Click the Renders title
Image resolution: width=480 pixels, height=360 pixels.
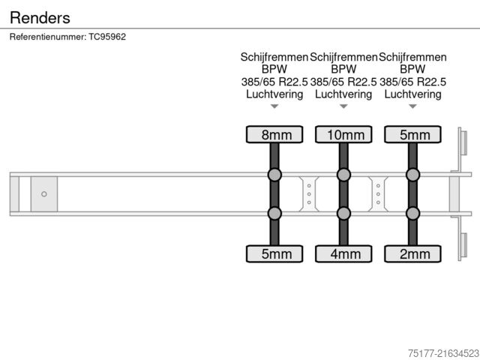(40, 17)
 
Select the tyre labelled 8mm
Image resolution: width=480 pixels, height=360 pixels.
(274, 134)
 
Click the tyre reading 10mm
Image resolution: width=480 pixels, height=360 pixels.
(343, 134)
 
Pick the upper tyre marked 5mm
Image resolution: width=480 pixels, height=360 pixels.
(412, 134)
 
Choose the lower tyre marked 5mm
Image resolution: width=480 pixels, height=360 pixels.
(274, 253)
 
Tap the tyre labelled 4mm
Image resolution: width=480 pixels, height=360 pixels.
(343, 253)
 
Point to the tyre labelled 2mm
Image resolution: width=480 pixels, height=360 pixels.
(412, 253)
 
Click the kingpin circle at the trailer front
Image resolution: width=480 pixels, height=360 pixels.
(44, 194)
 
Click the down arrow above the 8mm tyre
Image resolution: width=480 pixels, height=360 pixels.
(274, 106)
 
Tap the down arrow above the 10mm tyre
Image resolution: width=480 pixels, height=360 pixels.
(343, 106)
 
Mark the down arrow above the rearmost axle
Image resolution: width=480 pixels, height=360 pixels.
(412, 106)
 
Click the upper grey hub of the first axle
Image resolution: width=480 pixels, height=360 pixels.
(274, 175)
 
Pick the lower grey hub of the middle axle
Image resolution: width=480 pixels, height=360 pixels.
(343, 214)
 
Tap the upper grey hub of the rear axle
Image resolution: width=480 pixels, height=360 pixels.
(412, 175)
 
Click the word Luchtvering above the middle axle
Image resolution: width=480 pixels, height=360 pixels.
(343, 94)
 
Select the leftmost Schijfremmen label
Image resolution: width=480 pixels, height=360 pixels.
(274, 57)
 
